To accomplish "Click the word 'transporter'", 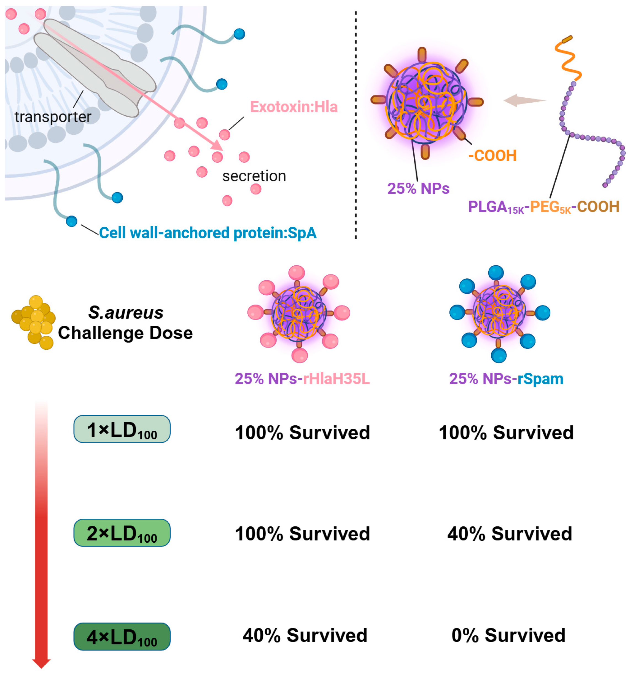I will point(53,117).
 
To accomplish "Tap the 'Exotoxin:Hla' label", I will point(294,107).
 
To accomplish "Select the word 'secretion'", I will point(254,176).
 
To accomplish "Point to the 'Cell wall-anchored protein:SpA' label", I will point(208,233).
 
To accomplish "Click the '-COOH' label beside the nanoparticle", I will point(492,156).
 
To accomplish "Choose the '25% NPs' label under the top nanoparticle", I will point(418,188).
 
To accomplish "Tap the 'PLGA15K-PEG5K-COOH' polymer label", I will point(544,207).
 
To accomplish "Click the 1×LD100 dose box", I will point(122,429).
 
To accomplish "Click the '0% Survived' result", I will point(508,635).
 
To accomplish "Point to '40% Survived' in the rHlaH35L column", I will point(305,635).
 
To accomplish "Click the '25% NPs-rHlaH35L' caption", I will point(302,379).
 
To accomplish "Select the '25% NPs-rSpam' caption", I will point(506,379).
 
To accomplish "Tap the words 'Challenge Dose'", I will point(125,333).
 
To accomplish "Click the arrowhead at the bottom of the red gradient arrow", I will point(41,663).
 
